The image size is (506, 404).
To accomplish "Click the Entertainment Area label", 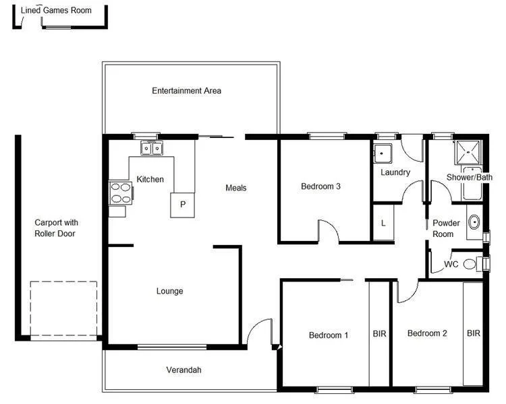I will point(186,91).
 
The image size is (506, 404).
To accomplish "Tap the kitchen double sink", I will point(151,148).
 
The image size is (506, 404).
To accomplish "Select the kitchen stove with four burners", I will point(120,193).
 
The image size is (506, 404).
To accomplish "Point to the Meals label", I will point(235,188).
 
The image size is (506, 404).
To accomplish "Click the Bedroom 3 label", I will point(320,187).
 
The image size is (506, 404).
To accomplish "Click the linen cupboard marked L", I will point(383,223).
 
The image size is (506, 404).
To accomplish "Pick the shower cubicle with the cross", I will point(467,152).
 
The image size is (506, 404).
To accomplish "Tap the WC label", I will point(451,265).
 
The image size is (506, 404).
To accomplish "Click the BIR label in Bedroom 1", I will point(379,333).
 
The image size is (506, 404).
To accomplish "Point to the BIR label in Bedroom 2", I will point(474,333).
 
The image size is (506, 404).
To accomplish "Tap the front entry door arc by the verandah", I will point(260,331).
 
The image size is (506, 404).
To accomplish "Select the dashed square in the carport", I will point(63,309).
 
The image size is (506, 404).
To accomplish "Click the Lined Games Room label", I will point(56,10).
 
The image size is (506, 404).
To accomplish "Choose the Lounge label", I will point(169,292).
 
